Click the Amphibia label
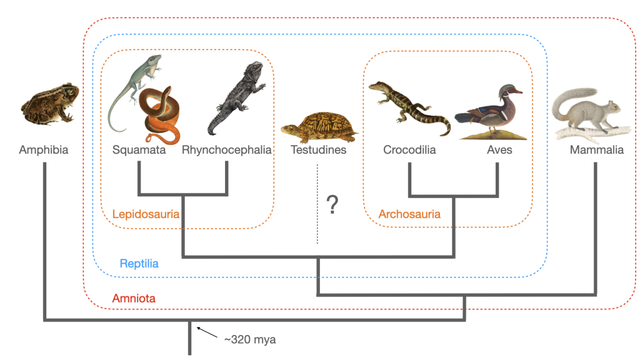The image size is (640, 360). point(43,150)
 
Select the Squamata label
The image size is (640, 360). point(139,150)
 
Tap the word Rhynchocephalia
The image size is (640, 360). point(227,150)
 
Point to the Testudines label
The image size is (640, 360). point(318,150)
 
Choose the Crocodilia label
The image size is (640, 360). point(409,150)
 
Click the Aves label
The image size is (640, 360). point(499,150)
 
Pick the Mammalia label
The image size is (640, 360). point(596,150)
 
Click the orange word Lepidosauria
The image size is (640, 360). point(146,214)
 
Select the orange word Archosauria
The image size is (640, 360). point(409,214)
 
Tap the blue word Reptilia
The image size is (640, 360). point(139,264)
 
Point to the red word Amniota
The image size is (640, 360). point(134,299)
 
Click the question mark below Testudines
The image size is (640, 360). point(332,204)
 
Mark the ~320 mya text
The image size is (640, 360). point(250,340)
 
